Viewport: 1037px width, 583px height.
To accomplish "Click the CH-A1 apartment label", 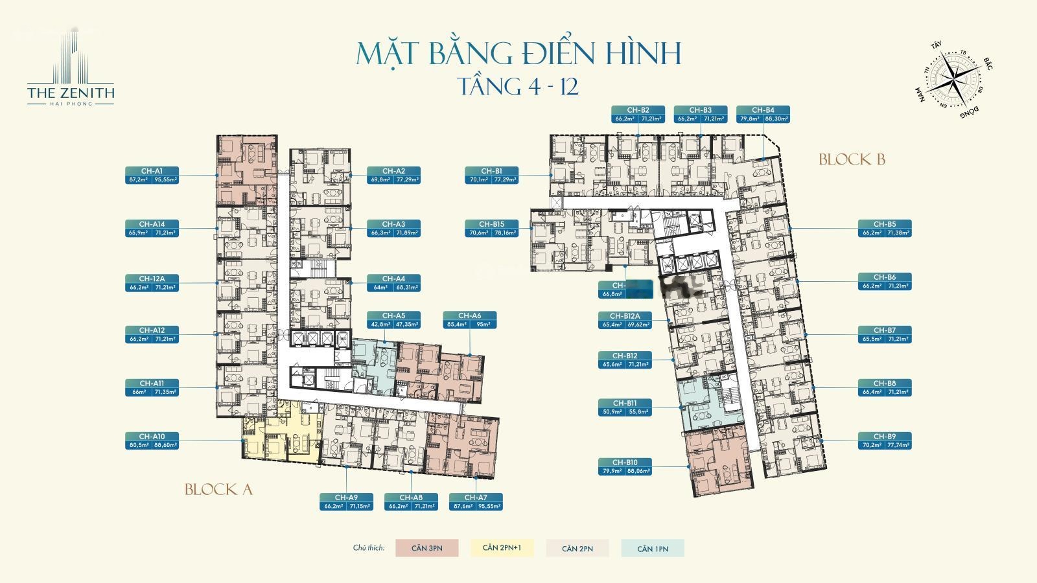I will tap(151, 175).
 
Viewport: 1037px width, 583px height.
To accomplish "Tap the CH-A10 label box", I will tap(151, 440).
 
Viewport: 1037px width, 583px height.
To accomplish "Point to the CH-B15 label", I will tap(491, 228).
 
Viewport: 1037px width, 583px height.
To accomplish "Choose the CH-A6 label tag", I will tap(470, 319).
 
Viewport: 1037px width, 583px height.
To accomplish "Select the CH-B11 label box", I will tap(625, 407).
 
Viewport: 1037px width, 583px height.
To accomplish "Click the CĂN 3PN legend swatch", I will tap(426, 548).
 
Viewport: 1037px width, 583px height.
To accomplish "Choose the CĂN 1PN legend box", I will tap(652, 548).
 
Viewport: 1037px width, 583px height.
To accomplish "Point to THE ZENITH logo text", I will tap(71, 93).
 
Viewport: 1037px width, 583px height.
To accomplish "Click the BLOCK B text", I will tap(851, 159).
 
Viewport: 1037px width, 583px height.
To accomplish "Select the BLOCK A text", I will tap(218, 490).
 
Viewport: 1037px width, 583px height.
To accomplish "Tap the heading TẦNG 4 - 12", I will tap(518, 86).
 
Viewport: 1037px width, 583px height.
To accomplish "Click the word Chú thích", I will tap(368, 548).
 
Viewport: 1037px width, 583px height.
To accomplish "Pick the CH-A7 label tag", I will tap(476, 501).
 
